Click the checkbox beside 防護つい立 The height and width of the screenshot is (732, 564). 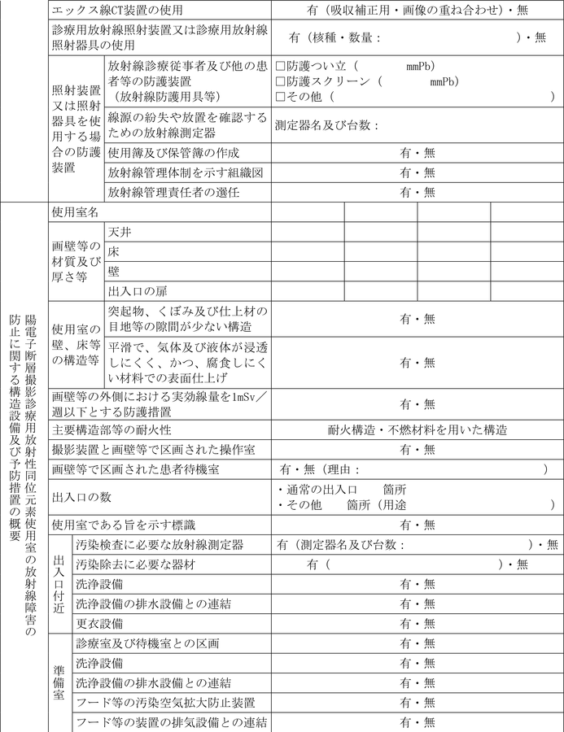click(x=280, y=65)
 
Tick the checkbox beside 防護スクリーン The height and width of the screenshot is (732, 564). click(x=280, y=81)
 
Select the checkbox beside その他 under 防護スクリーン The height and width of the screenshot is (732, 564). click(x=280, y=96)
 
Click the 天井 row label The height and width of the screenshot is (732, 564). click(x=120, y=232)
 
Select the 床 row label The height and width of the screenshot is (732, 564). click(x=114, y=252)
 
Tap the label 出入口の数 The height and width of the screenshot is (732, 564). click(x=81, y=496)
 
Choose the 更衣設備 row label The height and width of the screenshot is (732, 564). click(x=98, y=623)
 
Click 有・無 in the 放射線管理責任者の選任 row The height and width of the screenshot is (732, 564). click(x=417, y=193)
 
